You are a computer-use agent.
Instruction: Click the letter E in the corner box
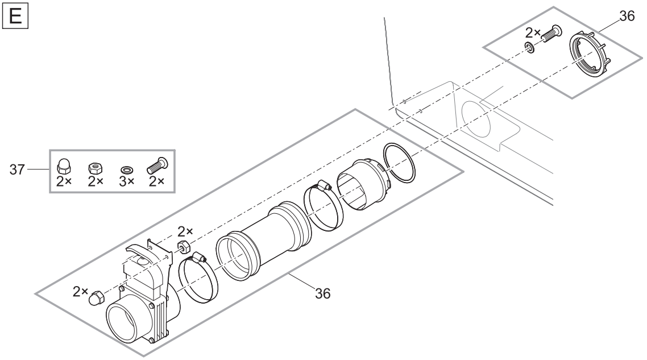point(15,16)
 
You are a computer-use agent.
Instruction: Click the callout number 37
point(17,169)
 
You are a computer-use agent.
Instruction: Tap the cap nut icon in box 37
point(63,165)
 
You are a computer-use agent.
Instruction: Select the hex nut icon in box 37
point(96,168)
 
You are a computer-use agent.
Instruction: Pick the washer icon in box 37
point(127,169)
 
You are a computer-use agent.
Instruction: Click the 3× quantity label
point(127,181)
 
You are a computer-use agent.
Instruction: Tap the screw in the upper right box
point(551,33)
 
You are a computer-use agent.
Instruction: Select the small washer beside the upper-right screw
point(530,47)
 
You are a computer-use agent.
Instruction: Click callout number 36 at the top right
point(627,16)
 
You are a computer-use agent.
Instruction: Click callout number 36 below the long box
point(323,293)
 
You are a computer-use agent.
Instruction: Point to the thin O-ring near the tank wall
point(400,163)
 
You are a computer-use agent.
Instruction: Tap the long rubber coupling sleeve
point(264,240)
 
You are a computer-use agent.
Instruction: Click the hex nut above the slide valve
point(183,246)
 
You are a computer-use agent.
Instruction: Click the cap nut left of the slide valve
point(96,297)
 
